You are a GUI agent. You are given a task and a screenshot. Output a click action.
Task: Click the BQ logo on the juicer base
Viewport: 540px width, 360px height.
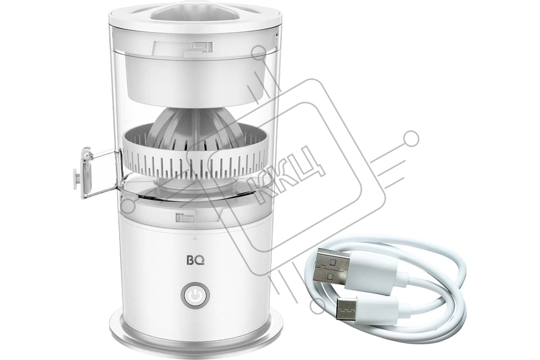195,261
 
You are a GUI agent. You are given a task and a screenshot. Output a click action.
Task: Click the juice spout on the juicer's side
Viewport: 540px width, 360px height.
96,172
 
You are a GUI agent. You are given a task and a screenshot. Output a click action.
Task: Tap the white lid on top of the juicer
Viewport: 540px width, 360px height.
195,16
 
